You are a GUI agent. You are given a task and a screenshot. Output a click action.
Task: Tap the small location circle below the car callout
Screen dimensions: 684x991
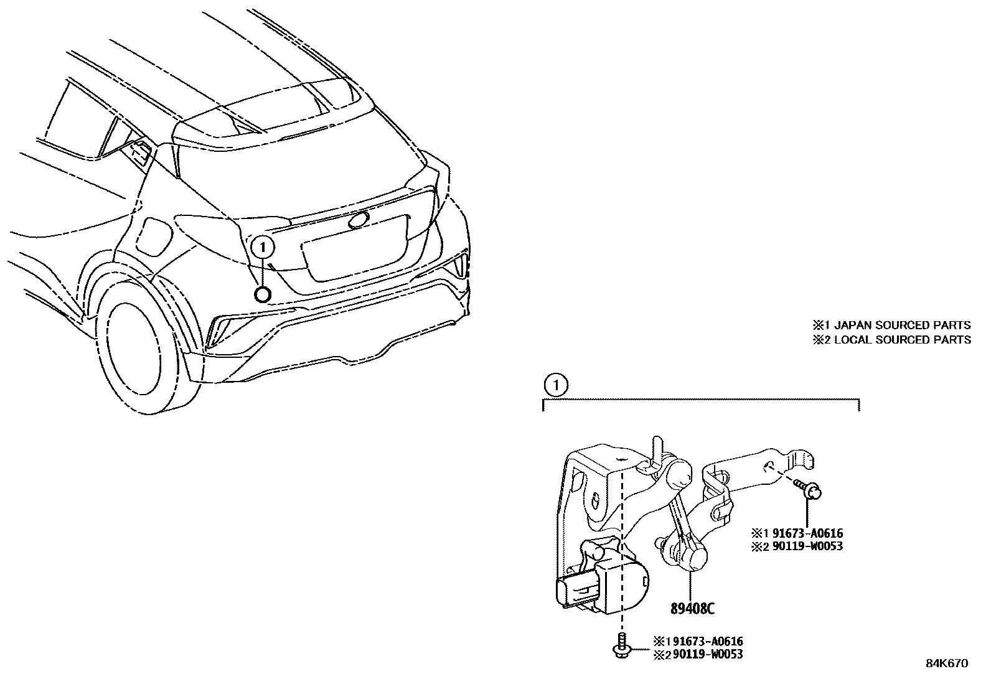point(263,294)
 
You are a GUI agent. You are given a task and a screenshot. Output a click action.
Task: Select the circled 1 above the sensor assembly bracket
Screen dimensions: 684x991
point(555,386)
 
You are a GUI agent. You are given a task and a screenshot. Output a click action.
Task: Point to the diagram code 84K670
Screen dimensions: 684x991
point(946,663)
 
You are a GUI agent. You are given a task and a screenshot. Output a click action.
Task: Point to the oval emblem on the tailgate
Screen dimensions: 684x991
point(359,220)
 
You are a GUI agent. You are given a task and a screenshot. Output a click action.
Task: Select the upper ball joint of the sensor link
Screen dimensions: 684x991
point(679,471)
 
